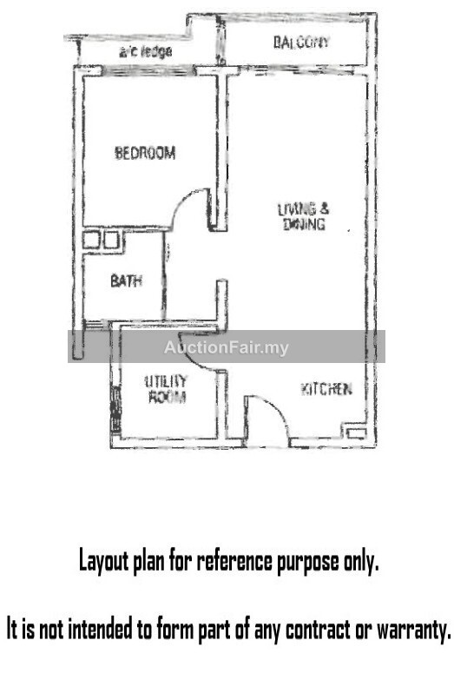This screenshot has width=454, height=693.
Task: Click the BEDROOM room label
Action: point(145,153)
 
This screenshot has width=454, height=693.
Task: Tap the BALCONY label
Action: point(301,42)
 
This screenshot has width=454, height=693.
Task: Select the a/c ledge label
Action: point(145,52)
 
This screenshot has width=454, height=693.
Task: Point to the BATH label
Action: point(127,280)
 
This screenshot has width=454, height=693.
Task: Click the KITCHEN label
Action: point(326,389)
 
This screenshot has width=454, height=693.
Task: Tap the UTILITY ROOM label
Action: point(167,389)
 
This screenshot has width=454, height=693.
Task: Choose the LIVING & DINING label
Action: point(304,216)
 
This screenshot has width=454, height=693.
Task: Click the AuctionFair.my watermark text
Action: point(226,348)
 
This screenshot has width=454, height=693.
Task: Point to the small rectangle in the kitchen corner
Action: point(356,432)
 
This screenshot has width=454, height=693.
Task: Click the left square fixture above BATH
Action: point(91,241)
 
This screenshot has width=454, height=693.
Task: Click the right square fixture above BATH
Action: point(111,241)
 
